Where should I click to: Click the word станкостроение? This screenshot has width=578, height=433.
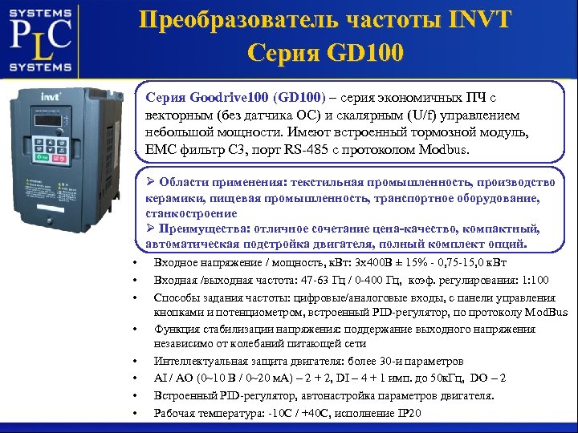tap(192, 213)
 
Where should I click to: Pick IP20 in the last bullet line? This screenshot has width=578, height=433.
tap(408, 413)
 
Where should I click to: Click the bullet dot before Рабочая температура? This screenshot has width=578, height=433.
tap(135, 414)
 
